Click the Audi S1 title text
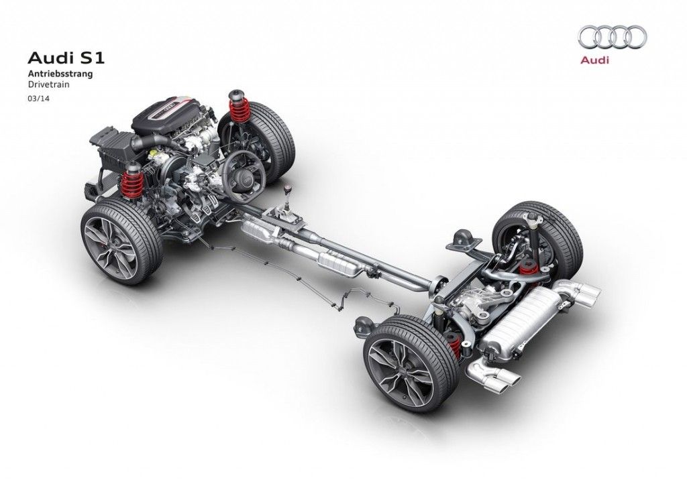66,58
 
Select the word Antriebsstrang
60,74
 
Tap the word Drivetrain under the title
49,85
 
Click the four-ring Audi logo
612,37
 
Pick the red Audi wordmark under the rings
594,60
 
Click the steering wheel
243,176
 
